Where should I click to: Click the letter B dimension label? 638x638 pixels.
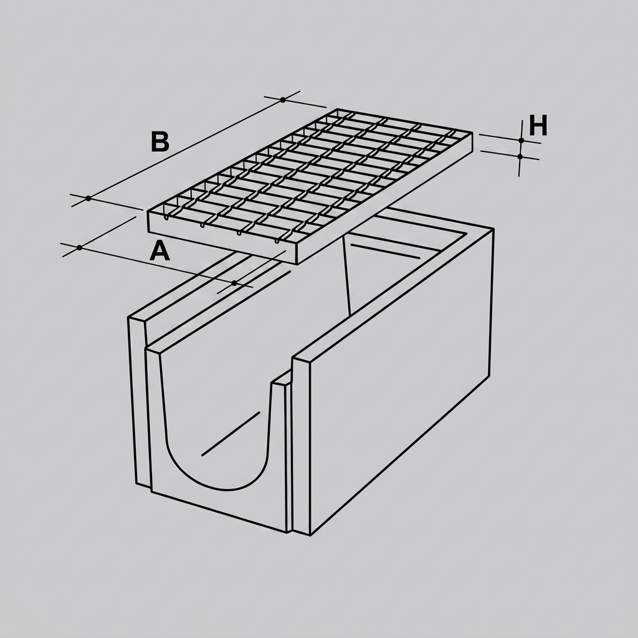click(160, 141)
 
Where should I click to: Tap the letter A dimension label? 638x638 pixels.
click(160, 250)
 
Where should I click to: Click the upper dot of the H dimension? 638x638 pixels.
click(521, 140)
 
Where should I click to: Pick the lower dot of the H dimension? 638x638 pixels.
click(520, 156)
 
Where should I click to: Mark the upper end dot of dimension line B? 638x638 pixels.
click(283, 100)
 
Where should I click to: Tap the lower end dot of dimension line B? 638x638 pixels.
click(88, 199)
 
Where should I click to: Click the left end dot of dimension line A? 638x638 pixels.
click(79, 247)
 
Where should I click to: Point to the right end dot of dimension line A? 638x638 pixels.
click(234, 283)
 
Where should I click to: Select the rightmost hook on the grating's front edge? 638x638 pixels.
click(277, 240)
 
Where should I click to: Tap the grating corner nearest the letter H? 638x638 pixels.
click(472, 133)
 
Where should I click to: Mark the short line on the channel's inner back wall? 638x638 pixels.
click(385, 251)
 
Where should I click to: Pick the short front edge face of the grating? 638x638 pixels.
click(222, 237)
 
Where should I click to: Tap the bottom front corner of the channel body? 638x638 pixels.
click(310, 535)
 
